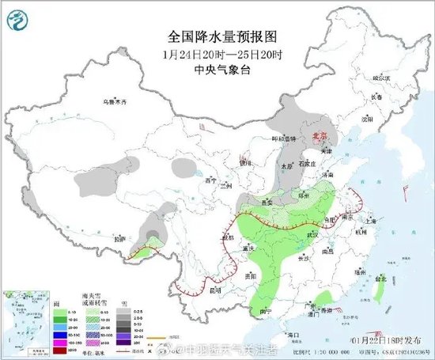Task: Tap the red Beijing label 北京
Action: (x=320, y=135)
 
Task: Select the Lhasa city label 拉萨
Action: (x=119, y=238)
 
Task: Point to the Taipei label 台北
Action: (x=382, y=279)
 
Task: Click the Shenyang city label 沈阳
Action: (x=365, y=119)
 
